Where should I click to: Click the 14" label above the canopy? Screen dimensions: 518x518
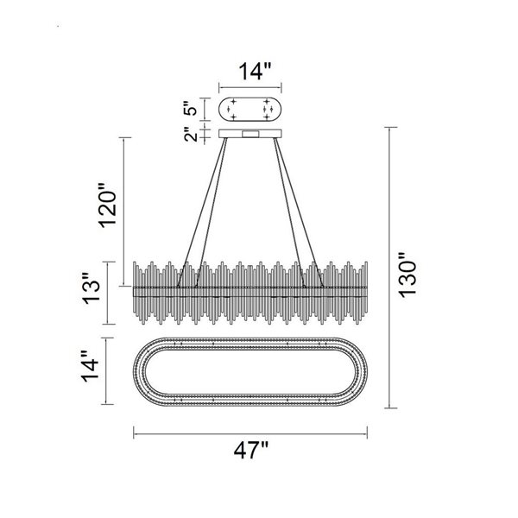click(255, 72)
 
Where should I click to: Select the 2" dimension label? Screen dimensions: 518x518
click(191, 134)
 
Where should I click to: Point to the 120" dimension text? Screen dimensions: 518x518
click(108, 205)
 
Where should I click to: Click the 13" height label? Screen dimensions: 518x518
click(91, 288)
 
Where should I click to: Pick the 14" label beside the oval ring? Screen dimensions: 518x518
click(91, 366)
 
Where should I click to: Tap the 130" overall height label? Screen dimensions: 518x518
click(407, 275)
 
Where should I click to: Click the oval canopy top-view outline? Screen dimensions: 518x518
click(250, 98)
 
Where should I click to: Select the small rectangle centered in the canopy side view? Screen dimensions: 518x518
click(250, 134)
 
